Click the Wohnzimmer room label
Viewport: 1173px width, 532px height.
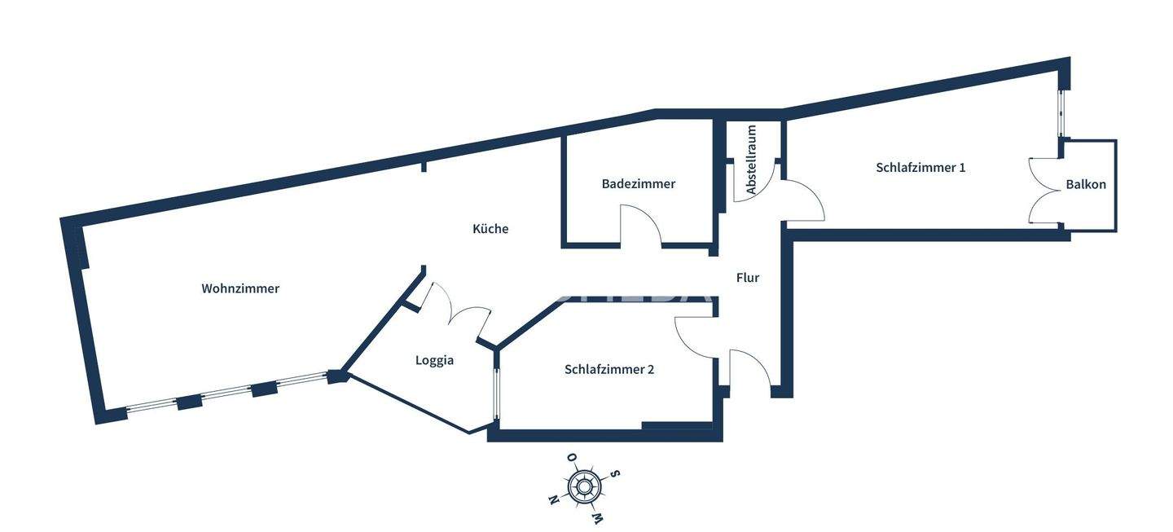240,288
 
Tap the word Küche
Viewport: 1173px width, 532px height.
490,229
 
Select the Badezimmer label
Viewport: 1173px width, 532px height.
639,184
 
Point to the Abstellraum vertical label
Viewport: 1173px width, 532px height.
751,159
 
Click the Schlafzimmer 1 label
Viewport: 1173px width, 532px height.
920,168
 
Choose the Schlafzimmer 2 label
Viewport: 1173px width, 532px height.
609,369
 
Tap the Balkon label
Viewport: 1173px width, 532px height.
1086,184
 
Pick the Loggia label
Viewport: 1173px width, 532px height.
434,360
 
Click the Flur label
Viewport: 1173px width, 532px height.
748,278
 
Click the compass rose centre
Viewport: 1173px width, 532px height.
583,487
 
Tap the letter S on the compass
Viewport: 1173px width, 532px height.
616,474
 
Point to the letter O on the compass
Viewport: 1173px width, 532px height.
572,458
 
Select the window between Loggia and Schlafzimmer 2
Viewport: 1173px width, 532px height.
497,395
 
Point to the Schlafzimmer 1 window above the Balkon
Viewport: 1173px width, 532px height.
1061,114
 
